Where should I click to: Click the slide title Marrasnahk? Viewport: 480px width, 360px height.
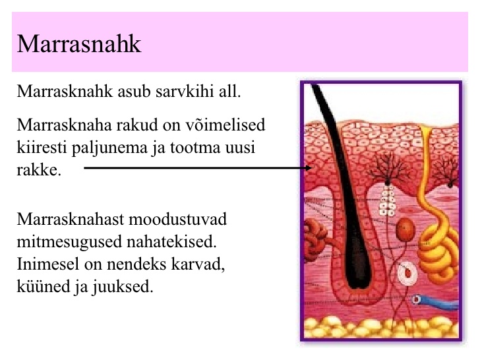coord(79,44)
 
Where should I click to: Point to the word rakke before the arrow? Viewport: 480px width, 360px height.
coord(38,169)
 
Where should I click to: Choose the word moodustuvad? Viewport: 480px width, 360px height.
coord(177,219)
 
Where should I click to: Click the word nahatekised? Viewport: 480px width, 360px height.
coord(171,242)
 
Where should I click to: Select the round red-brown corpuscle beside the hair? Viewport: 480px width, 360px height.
coord(405,229)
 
